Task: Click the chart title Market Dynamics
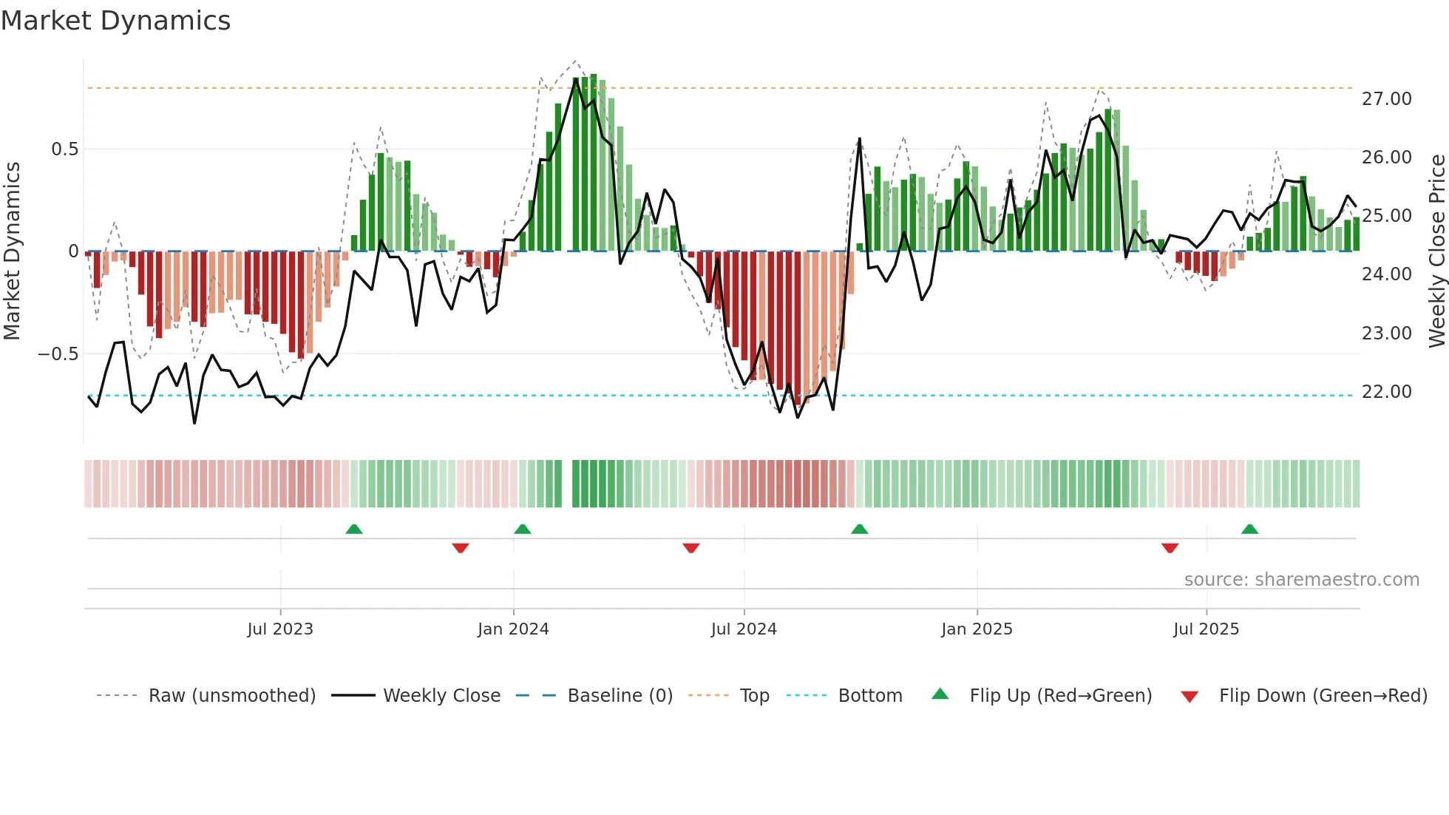coord(115,21)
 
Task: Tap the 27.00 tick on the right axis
coord(1386,99)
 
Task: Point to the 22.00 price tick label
coord(1386,392)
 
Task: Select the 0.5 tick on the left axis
coord(64,149)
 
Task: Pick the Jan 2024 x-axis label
coord(513,629)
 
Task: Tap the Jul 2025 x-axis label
coord(1206,629)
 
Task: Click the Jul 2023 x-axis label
coord(280,629)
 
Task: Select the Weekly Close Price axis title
coord(1436,251)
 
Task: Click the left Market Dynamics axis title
coord(12,251)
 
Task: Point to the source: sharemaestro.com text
coord(1301,580)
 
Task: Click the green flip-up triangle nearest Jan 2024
coord(523,529)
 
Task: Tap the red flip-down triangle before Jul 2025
coord(1170,548)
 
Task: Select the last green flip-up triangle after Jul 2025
coord(1249,529)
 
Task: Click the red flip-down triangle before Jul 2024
coord(691,548)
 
